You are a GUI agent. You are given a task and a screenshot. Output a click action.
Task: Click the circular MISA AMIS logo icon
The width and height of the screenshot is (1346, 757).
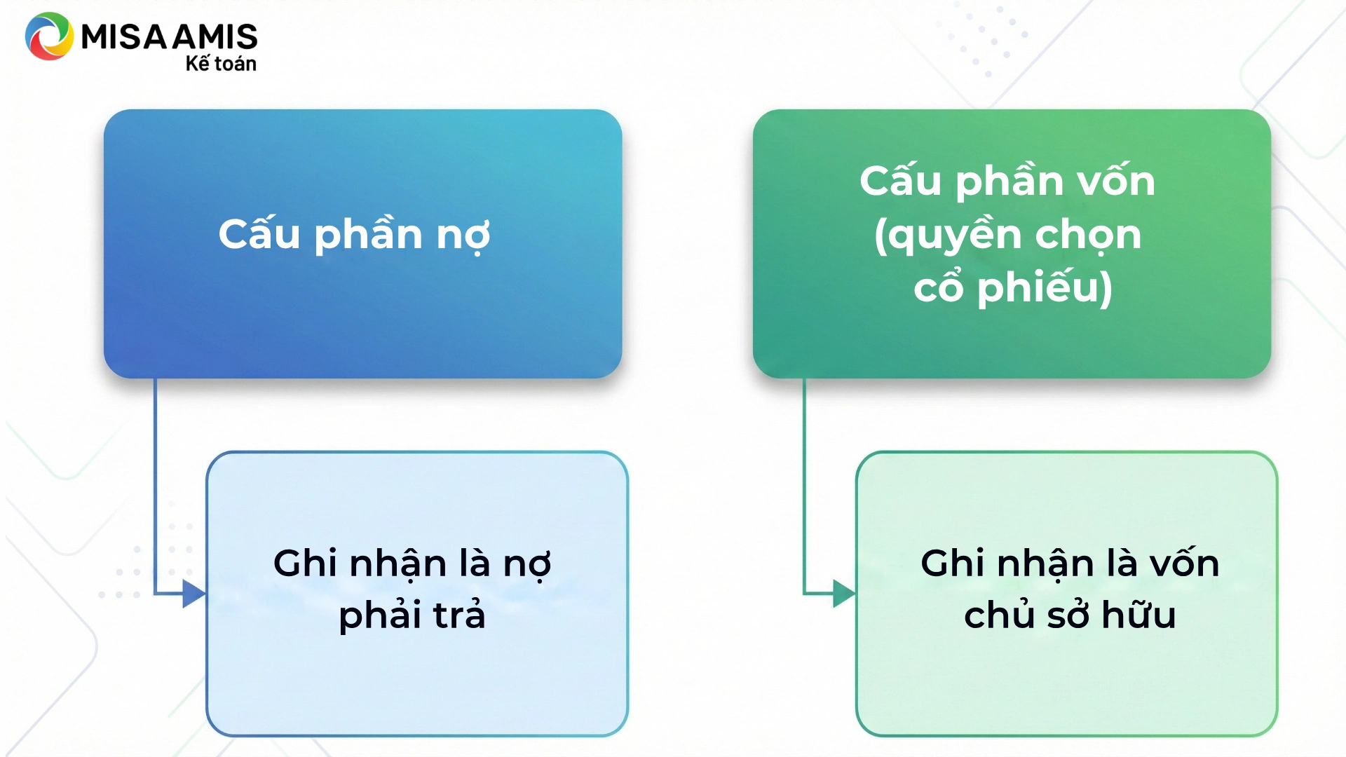[x=49, y=36]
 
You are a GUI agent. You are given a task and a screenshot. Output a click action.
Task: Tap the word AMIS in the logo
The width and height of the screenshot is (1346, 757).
[x=215, y=37]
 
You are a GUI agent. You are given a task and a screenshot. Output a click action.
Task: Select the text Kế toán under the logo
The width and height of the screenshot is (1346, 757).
[x=221, y=63]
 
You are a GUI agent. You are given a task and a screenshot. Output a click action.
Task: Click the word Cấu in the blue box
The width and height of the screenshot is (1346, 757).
[x=259, y=233]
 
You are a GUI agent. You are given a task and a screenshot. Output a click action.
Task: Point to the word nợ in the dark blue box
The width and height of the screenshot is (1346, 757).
[x=463, y=237]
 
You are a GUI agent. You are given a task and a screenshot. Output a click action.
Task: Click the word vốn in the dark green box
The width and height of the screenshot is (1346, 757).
[x=1116, y=180]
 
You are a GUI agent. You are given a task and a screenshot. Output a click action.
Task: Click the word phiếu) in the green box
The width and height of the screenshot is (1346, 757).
[x=1045, y=288]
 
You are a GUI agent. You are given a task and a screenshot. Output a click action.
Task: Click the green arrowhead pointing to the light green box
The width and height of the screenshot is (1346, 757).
[x=844, y=594]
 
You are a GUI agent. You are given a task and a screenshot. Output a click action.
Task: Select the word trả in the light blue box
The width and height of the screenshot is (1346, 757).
[x=459, y=614]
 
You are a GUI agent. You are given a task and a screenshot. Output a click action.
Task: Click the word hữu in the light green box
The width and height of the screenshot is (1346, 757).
[x=1138, y=614]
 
